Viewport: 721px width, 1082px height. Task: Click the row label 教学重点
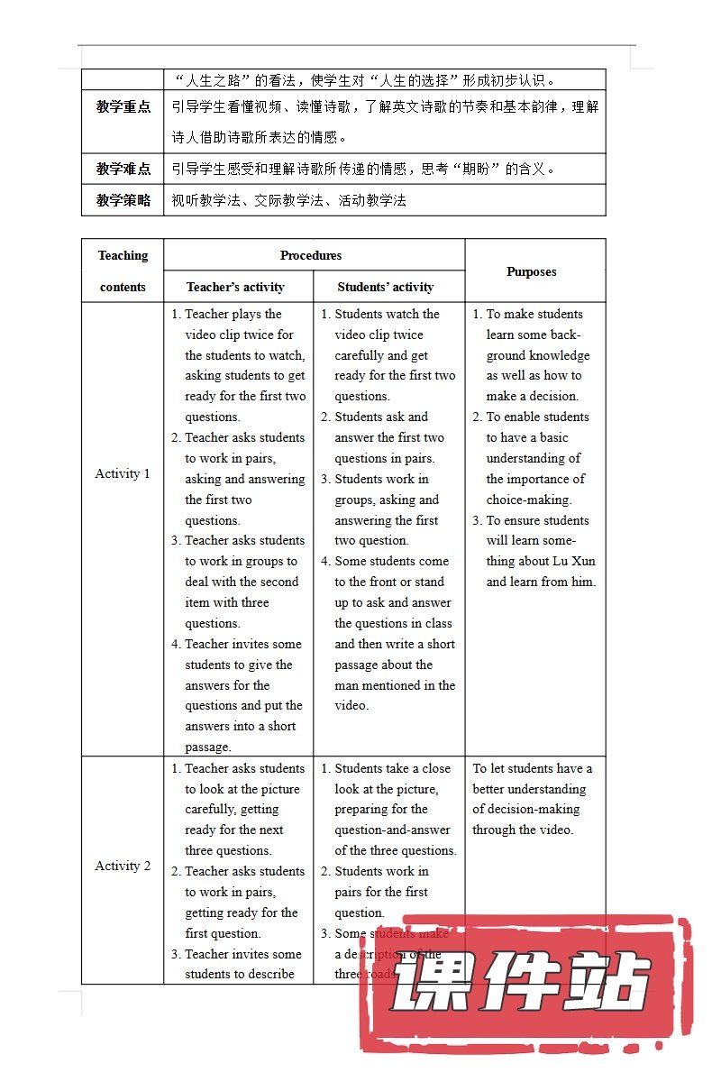123,106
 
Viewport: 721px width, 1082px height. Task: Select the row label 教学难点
123,169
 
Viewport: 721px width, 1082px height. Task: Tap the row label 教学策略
123,200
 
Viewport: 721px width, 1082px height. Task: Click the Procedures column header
311,255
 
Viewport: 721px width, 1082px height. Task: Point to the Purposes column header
532,271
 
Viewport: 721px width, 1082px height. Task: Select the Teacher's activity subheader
235,287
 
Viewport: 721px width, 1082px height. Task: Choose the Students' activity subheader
386,287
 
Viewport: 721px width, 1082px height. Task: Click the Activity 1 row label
123,473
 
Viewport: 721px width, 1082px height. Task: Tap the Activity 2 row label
123,866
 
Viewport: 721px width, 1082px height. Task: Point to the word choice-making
529,500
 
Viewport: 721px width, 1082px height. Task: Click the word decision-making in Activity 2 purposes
539,809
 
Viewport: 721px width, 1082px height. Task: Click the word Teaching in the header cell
123,255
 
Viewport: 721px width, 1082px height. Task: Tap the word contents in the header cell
123,287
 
